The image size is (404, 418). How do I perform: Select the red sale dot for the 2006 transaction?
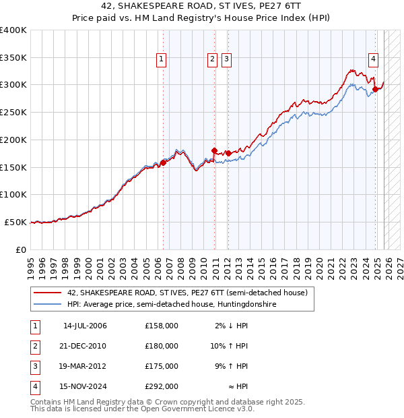[x=163, y=162]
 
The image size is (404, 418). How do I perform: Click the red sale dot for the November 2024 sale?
[x=375, y=89]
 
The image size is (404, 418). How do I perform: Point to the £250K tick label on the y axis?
[x=13, y=112]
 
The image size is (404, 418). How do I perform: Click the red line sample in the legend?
[x=47, y=293]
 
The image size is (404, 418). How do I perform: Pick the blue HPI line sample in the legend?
[x=47, y=305]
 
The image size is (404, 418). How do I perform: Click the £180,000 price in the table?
[x=162, y=346]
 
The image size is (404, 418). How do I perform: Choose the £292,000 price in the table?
[x=162, y=386]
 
